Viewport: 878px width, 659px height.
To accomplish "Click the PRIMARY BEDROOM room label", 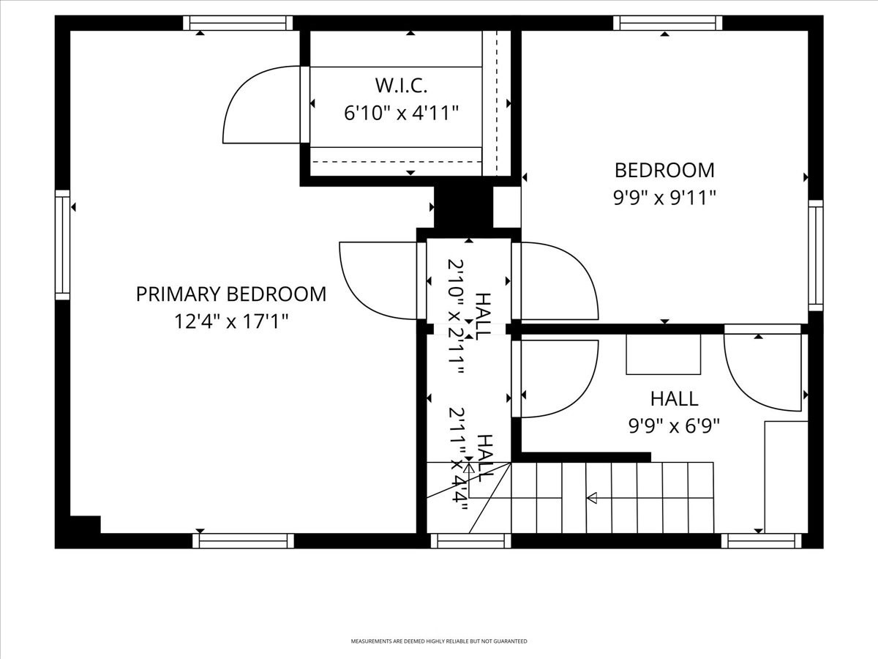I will [x=231, y=294].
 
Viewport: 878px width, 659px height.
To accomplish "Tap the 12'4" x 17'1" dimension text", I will [x=231, y=321].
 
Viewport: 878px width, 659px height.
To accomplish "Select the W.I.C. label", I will [x=401, y=86].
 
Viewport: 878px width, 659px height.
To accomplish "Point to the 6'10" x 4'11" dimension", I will [x=401, y=113].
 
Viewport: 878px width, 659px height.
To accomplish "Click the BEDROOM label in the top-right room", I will [x=664, y=171].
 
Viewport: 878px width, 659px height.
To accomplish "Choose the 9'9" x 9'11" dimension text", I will [x=664, y=198].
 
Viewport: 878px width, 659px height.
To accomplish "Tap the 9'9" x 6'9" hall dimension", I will [x=674, y=426].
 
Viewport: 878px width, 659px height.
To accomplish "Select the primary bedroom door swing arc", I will [x=373, y=282].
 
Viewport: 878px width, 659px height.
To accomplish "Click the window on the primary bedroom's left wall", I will [x=63, y=245].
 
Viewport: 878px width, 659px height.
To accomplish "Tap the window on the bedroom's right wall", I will [x=815, y=256].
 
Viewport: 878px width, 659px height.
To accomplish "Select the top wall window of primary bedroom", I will [x=237, y=23].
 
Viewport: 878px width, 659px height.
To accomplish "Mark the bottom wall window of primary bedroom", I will [x=243, y=541].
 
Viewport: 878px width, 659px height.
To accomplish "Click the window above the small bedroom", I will [x=667, y=23].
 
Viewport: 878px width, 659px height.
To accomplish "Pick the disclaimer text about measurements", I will [x=439, y=641].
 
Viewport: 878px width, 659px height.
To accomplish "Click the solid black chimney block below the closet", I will [x=462, y=206].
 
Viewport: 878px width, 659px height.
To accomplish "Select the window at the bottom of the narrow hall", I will [x=470, y=541].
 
